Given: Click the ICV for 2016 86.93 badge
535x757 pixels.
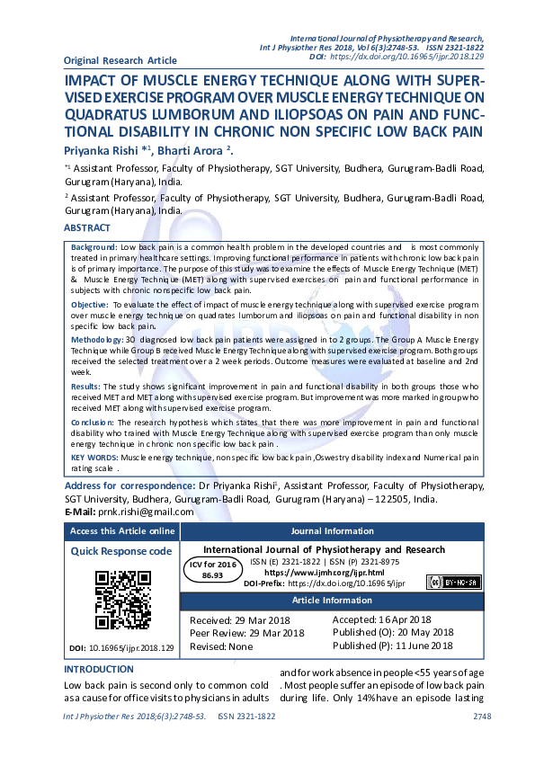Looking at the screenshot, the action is click(212, 568).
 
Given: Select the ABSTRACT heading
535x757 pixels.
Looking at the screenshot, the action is click(87, 228).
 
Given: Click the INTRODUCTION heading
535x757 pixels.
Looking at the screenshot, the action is click(99, 670).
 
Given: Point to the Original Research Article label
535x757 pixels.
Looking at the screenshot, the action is click(120, 60).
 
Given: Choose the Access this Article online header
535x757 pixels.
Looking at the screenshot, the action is click(122, 530).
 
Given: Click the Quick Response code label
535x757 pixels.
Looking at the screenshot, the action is click(121, 551).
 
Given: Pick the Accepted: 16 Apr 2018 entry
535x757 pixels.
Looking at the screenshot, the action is click(382, 619).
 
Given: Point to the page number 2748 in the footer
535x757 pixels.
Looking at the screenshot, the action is click(482, 717).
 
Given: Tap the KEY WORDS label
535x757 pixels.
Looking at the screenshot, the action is click(94, 458).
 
